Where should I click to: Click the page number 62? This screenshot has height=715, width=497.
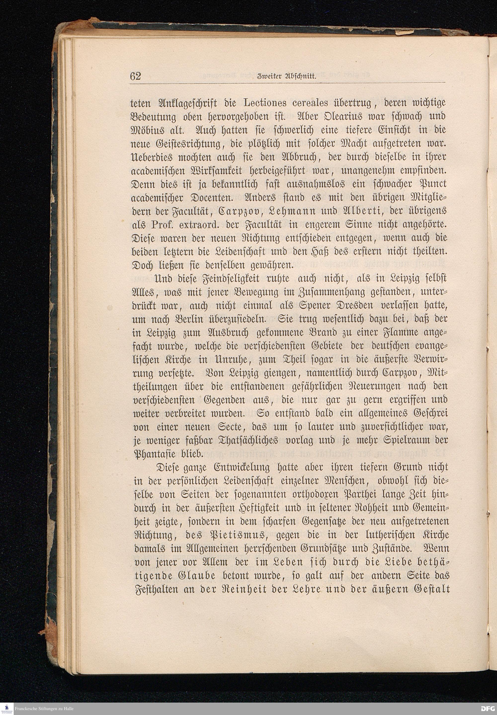tap(136, 76)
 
